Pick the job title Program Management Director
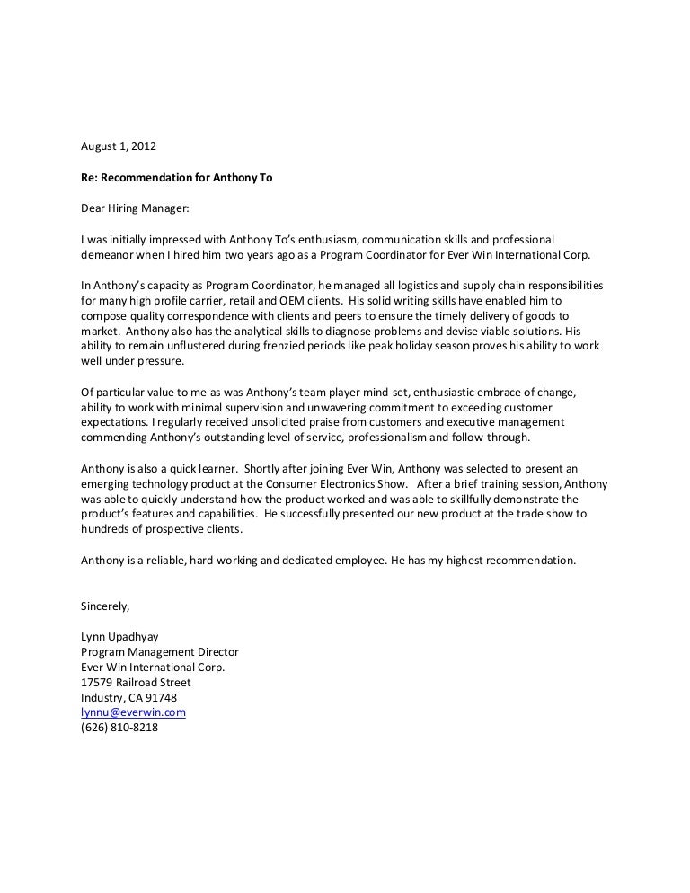(x=160, y=651)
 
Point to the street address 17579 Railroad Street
(x=136, y=682)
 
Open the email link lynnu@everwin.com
(x=133, y=712)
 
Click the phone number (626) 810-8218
(x=119, y=728)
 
